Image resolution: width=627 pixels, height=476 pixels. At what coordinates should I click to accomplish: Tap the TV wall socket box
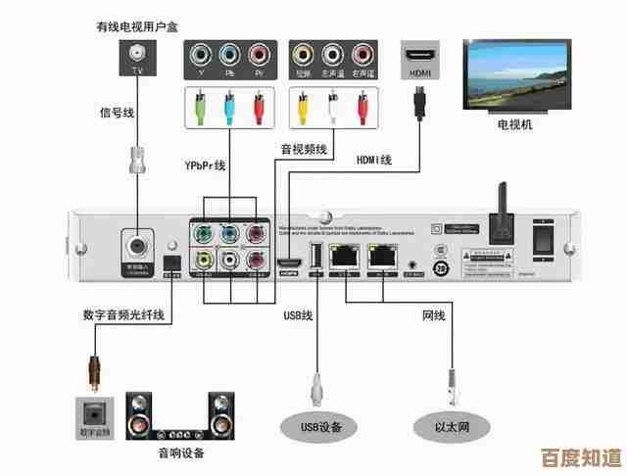pyautogui.click(x=136, y=60)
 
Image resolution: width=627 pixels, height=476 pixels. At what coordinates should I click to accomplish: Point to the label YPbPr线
pyautogui.click(x=206, y=166)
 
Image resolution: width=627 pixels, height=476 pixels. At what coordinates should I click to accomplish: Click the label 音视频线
pyautogui.click(x=298, y=149)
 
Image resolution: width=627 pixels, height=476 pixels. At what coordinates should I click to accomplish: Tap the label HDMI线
pyautogui.click(x=372, y=160)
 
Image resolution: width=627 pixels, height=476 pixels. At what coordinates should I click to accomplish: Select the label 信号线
pyautogui.click(x=117, y=112)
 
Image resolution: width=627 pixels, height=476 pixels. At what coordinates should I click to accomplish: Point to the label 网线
pyautogui.click(x=433, y=315)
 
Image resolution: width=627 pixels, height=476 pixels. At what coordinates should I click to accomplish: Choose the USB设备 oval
pyautogui.click(x=317, y=426)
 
